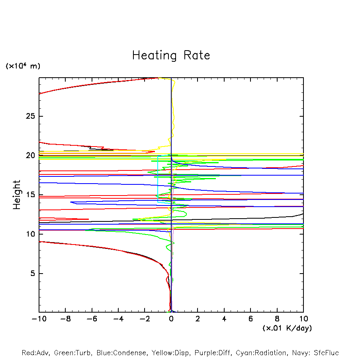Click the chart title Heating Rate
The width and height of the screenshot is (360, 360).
pyautogui.click(x=171, y=55)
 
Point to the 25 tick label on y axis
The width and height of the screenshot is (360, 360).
pyautogui.click(x=30, y=116)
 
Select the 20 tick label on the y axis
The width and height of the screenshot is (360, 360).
pyautogui.click(x=30, y=155)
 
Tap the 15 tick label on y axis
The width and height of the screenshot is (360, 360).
pyautogui.click(x=30, y=195)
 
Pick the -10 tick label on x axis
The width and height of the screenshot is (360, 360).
pyautogui.click(x=39, y=319)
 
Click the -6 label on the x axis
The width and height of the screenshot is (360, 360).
pyautogui.click(x=92, y=319)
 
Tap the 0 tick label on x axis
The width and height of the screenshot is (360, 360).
pyautogui.click(x=171, y=319)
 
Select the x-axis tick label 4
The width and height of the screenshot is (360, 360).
pyautogui.click(x=224, y=319)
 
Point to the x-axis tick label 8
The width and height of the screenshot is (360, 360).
pyautogui.click(x=277, y=319)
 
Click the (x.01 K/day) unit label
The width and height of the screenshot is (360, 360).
pyautogui.click(x=287, y=328)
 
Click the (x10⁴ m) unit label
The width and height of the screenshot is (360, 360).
pyautogui.click(x=23, y=66)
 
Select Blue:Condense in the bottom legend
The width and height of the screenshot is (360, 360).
pyautogui.click(x=120, y=353)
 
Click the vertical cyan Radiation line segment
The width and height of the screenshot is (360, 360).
pyautogui.click(x=158, y=179)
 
